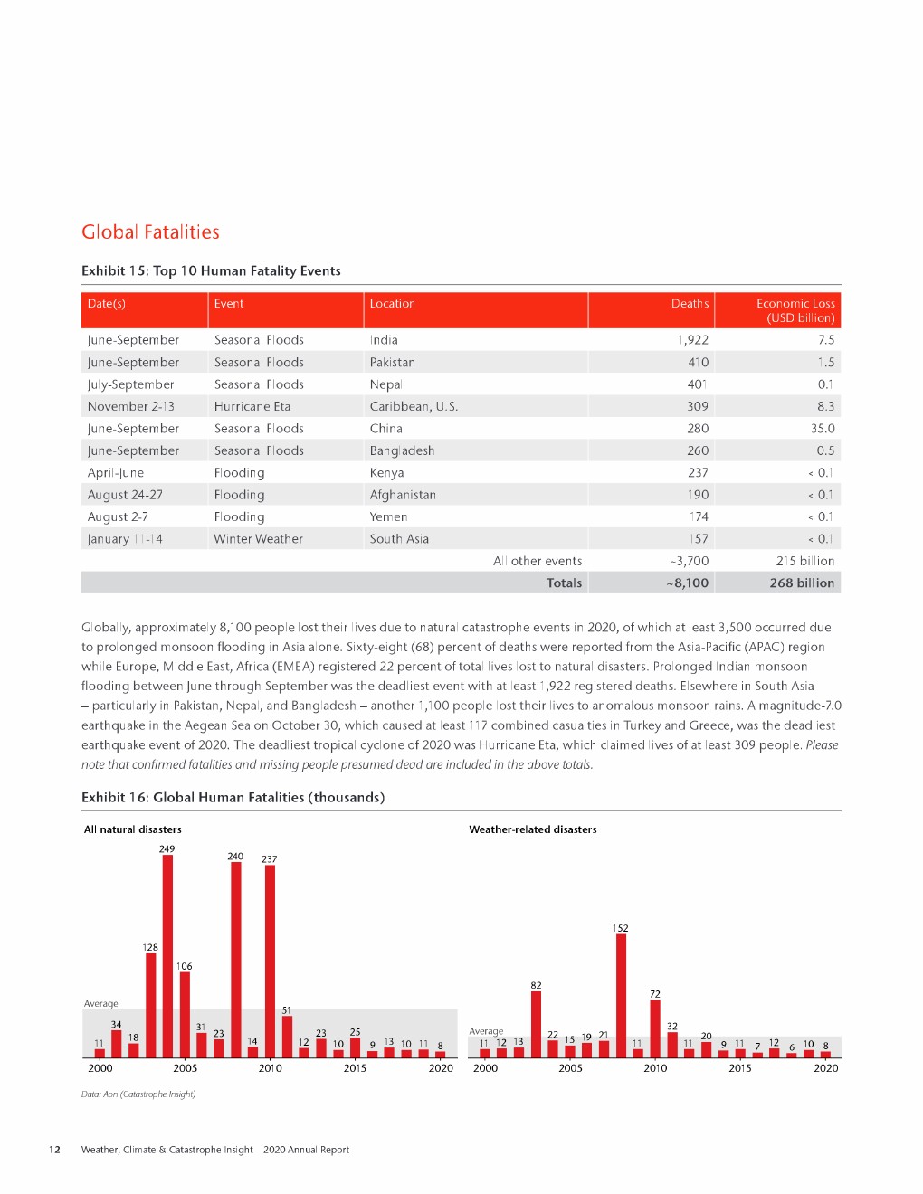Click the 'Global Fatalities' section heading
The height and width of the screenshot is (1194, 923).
150,232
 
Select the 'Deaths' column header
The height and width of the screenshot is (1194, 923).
690,304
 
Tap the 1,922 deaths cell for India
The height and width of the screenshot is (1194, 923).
692,340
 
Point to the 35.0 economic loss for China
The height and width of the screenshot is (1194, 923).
823,429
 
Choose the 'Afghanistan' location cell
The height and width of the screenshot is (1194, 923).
403,495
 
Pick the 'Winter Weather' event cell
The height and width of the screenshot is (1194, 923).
259,539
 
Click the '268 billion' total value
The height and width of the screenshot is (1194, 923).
802,583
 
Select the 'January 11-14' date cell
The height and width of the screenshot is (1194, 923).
125,539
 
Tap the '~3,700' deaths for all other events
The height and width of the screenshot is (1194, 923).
690,562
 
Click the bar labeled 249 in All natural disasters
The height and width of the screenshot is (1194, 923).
167,956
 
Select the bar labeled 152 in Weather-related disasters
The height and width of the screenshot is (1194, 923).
621,995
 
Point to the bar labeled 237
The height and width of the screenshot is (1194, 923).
270,961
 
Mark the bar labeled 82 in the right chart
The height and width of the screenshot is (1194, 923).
536,1024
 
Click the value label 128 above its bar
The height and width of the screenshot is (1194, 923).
150,947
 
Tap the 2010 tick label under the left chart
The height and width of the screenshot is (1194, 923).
271,1068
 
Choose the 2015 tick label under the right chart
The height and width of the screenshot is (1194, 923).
740,1068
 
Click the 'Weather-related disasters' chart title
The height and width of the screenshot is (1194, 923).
533,829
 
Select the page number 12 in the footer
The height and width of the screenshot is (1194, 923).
54,1150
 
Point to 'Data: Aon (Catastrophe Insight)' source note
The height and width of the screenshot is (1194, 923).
138,1094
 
